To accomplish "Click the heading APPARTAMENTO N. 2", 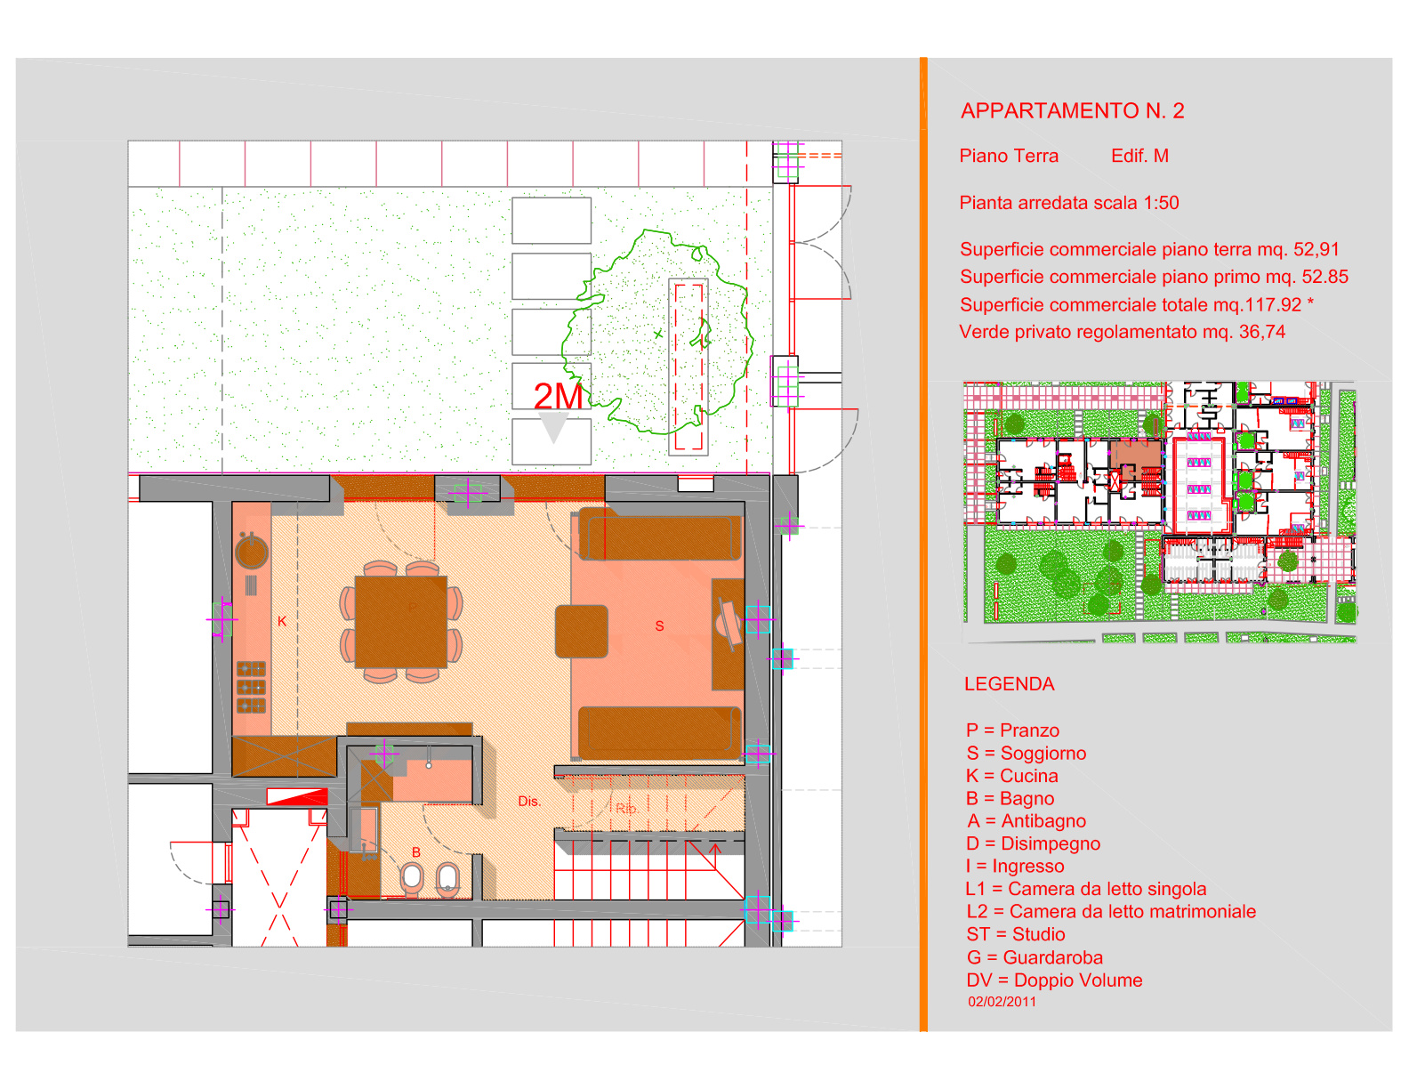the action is (1072, 111).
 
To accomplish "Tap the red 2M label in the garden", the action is (558, 396).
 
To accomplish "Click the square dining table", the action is (400, 621).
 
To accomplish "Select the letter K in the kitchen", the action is (282, 621).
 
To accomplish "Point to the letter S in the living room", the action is (659, 625).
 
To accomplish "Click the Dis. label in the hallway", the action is (529, 801).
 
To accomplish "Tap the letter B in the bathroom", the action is (416, 852).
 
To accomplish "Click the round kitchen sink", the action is (252, 553).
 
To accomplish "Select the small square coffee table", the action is (582, 632).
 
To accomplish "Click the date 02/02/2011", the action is (1002, 1002).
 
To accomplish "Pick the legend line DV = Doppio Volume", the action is (1054, 980).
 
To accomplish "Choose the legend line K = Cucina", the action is (1012, 776).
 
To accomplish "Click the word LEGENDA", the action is (1009, 684).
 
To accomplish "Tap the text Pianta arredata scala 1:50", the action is (1068, 203).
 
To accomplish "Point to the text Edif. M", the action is (1139, 156).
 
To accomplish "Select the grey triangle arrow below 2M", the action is (553, 428).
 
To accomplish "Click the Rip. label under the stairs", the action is (627, 808).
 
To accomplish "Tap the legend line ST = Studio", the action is (1016, 934).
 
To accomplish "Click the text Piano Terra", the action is (1009, 156).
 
